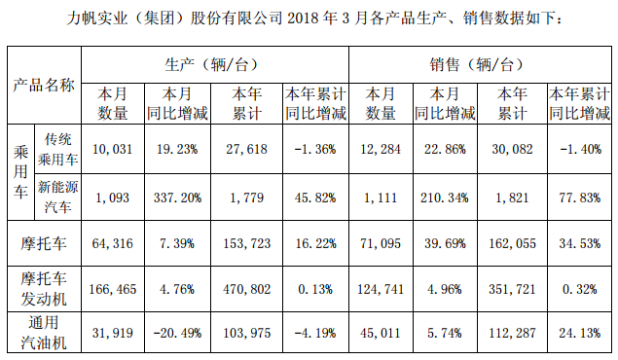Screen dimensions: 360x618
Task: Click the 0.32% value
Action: [x=582, y=288]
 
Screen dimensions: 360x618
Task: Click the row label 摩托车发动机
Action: [x=42, y=288]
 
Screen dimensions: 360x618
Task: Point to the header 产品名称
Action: [x=43, y=84]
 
